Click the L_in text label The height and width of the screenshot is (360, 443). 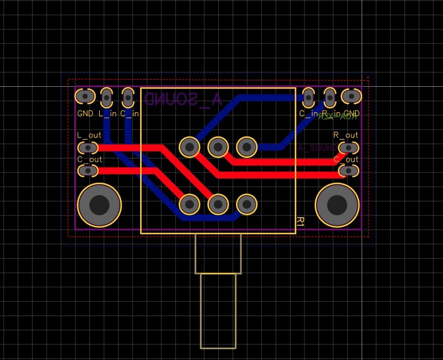107,114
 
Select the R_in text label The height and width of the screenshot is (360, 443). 329,114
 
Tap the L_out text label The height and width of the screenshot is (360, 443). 89,135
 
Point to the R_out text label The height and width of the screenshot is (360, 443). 345,135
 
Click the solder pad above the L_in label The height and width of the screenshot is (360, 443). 107,97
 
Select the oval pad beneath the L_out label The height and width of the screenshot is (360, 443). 87,147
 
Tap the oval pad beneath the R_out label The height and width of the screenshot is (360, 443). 349,147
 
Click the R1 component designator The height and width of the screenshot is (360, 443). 300,221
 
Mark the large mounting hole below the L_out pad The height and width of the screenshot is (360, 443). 99,205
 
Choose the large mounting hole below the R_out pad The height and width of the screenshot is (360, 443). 337,205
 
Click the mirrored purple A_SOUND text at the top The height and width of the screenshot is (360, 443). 183,100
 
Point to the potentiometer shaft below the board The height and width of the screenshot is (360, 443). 218,310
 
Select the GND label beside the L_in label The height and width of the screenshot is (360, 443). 85,114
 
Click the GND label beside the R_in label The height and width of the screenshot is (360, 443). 351,114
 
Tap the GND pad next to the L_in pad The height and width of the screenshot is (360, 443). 85,96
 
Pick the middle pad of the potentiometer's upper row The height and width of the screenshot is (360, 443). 218,146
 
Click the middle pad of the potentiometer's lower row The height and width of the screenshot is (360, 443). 218,204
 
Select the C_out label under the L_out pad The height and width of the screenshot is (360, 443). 89,160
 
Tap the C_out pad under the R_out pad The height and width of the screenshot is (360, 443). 349,171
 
